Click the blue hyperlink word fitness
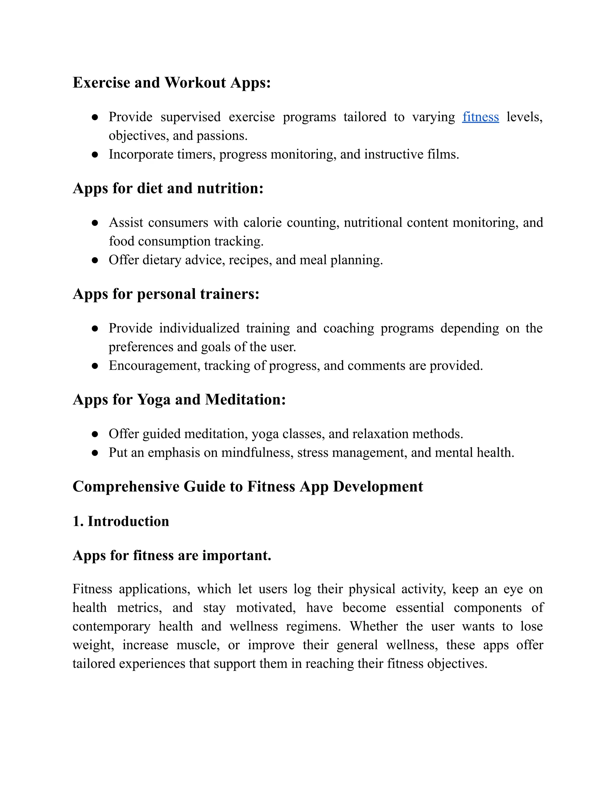[480, 117]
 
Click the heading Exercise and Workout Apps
[171, 83]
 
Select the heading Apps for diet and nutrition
[168, 188]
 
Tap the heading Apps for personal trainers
[166, 294]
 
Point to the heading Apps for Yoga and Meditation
[179, 399]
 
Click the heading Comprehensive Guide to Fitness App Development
[248, 487]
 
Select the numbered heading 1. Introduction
[121, 521]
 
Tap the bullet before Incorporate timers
[95, 155]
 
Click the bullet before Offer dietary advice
[95, 260]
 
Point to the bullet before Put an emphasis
[95, 453]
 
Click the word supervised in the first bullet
[190, 117]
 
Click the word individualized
[199, 328]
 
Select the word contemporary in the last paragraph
[111, 626]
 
